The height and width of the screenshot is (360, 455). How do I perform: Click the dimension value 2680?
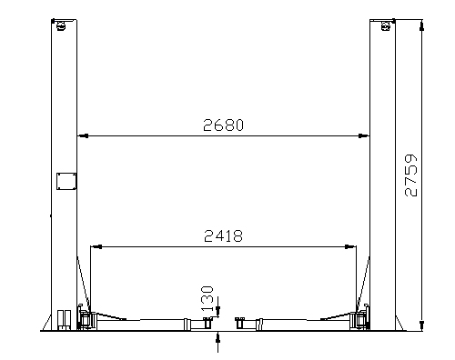[x=223, y=125]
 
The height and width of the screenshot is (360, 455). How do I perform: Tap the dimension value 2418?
[x=223, y=235]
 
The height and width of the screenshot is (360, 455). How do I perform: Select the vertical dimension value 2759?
[x=411, y=175]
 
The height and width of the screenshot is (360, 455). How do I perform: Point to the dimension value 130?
[x=207, y=298]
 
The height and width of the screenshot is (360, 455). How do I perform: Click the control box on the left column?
[x=66, y=181]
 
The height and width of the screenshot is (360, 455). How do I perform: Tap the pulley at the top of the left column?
[x=61, y=26]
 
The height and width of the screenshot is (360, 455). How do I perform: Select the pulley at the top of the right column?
[x=386, y=26]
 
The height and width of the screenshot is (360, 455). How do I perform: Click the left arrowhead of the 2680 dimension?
[x=82, y=135]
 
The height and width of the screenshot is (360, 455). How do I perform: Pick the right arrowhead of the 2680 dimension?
[x=364, y=135]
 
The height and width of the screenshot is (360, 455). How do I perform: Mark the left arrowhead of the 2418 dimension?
[x=96, y=246]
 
